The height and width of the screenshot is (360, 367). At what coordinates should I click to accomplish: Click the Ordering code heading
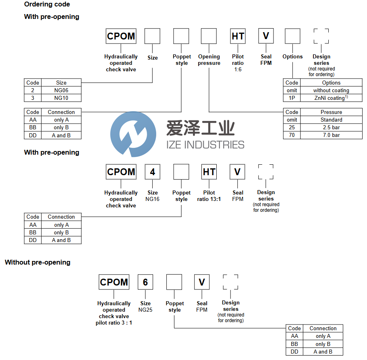tap(47, 4)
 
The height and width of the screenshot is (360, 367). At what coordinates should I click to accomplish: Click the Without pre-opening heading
tap(37, 262)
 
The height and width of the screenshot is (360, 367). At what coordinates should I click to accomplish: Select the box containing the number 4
tap(153, 172)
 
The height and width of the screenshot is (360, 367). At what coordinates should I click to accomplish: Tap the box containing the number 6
tap(145, 282)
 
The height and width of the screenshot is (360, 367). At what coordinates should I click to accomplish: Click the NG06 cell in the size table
tap(61, 90)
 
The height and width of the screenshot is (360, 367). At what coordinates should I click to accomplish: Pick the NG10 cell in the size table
tap(61, 98)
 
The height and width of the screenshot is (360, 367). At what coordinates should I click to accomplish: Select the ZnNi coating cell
tap(331, 98)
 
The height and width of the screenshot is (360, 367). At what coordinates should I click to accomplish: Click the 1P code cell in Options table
tap(292, 98)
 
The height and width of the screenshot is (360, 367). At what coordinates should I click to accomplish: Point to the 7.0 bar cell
tap(331, 135)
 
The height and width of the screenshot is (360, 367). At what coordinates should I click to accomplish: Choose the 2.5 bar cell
tap(331, 127)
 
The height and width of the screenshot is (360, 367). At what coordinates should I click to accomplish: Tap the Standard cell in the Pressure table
tap(331, 120)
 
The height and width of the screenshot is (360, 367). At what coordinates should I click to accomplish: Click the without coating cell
tap(331, 90)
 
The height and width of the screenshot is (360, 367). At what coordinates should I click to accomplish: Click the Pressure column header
tap(331, 112)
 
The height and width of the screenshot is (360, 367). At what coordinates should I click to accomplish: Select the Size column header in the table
tap(61, 83)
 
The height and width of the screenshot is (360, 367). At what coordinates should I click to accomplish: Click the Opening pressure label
tap(209, 60)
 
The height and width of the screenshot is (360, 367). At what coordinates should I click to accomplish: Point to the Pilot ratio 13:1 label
tap(209, 196)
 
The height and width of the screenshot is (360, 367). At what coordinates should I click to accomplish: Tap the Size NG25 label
tap(145, 306)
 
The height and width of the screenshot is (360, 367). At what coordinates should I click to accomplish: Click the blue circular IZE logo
tap(133, 133)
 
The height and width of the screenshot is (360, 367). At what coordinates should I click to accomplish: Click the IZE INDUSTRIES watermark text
tap(205, 144)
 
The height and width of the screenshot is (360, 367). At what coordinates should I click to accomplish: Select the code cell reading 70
tap(292, 135)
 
